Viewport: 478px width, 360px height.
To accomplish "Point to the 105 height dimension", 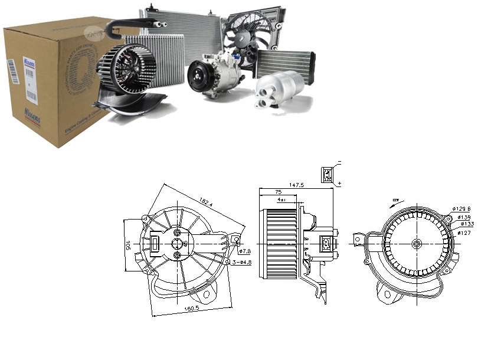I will [x=126, y=244].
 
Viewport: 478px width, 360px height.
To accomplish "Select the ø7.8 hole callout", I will [x=245, y=251].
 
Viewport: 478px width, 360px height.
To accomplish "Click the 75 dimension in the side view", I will [x=278, y=192].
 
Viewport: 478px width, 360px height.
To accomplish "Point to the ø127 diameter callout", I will [x=465, y=233].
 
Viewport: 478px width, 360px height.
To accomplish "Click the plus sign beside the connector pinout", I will [x=340, y=185].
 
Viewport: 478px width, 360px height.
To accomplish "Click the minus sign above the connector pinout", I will [x=340, y=161].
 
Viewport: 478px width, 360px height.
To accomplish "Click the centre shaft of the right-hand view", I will [x=415, y=244].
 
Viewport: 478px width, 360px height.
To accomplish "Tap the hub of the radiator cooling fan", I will [x=244, y=36].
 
